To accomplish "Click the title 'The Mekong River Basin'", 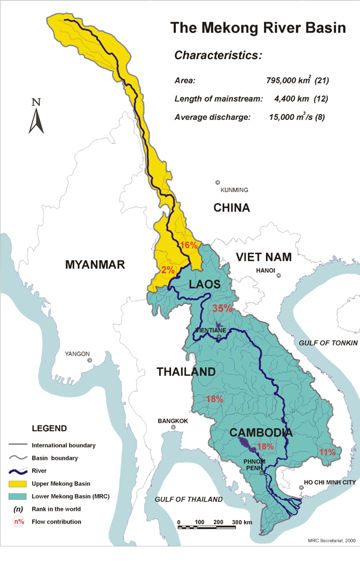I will pyautogui.click(x=257, y=28).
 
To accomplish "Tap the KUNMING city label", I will pyautogui.click(x=234, y=190).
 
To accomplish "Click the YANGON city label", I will pyautogui.click(x=77, y=354).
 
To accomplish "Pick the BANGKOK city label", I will pyautogui.click(x=173, y=421).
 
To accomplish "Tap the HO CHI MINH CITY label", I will pyautogui.click(x=330, y=482).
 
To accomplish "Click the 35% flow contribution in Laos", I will pyautogui.click(x=222, y=308).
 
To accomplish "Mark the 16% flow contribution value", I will pyautogui.click(x=188, y=245).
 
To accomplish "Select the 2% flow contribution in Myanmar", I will pyautogui.click(x=167, y=270).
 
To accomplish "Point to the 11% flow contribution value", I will pyautogui.click(x=327, y=452).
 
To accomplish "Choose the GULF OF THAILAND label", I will pyautogui.click(x=188, y=499).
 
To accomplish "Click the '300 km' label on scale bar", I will pyautogui.click(x=242, y=522).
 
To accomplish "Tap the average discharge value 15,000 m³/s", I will pyautogui.click(x=296, y=117).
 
